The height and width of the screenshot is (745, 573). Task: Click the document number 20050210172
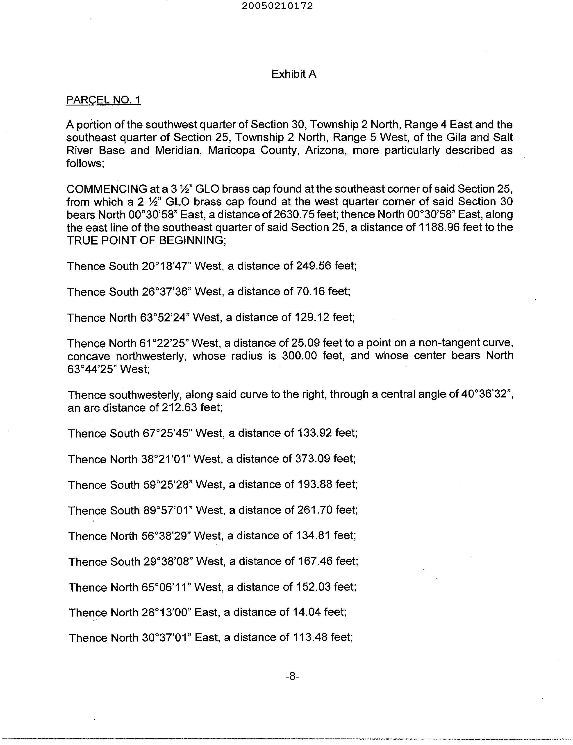click(x=277, y=6)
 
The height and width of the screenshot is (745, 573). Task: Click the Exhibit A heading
click(x=294, y=74)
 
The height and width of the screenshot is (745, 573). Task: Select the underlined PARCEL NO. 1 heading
click(x=103, y=100)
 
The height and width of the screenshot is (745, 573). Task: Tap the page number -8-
click(x=292, y=676)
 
